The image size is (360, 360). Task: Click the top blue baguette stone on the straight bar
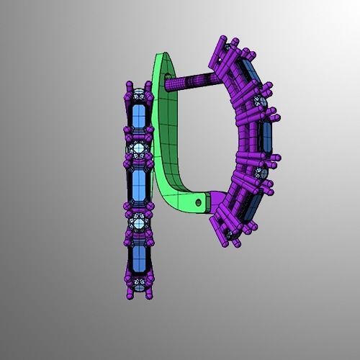click(139, 118)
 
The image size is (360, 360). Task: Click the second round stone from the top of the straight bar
click(139, 149)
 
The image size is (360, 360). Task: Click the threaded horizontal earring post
click(189, 84)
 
